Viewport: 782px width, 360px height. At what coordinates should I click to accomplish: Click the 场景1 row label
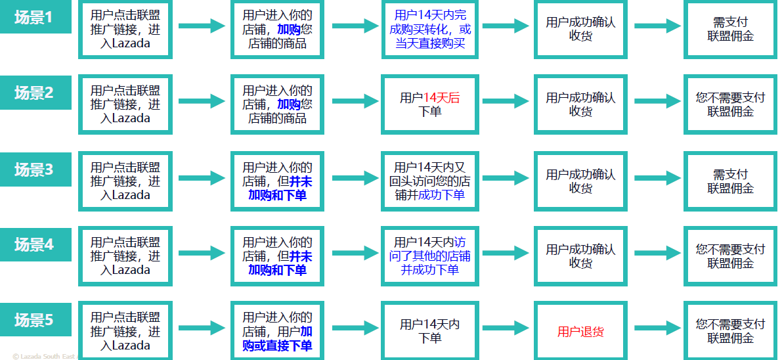point(34,18)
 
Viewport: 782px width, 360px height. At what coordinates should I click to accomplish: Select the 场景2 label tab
point(34,93)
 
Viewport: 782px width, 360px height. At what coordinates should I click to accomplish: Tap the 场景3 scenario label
point(34,169)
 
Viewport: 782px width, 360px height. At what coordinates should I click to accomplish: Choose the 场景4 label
point(34,245)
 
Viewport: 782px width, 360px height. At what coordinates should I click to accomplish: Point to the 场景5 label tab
point(34,321)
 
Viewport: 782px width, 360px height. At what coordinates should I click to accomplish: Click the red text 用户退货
point(580,332)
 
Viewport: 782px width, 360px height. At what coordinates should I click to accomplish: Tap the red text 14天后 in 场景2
point(441,98)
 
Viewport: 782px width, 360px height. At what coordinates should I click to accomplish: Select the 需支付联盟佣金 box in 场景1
point(730,29)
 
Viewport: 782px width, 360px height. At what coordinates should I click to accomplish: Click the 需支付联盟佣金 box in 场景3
point(730,181)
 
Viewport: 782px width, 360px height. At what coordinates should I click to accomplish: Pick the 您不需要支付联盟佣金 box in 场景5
point(730,331)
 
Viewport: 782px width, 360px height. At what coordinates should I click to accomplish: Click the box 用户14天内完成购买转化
point(430,29)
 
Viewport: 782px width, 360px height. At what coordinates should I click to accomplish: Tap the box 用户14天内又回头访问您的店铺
point(430,181)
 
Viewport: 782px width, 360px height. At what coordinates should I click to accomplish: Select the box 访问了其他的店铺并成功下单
point(430,256)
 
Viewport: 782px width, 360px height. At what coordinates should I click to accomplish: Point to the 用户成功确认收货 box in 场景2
point(580,104)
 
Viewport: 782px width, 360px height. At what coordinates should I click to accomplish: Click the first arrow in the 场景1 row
point(202,26)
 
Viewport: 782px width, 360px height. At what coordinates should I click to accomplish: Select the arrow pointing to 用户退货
point(506,328)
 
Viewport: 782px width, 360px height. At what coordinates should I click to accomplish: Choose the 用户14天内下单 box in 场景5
point(430,331)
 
